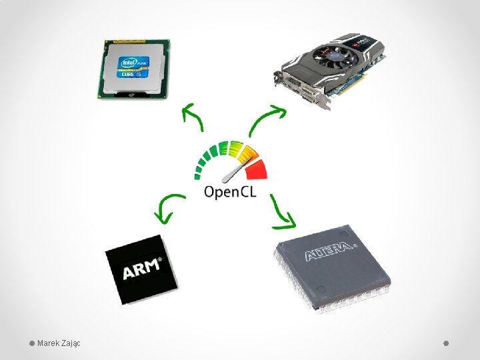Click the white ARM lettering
(x=142, y=270)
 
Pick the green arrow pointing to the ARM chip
(x=167, y=207)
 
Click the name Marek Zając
(x=59, y=343)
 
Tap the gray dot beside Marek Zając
(x=31, y=343)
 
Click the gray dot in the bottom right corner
(x=447, y=343)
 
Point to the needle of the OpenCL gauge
(x=234, y=170)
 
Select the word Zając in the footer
(x=71, y=343)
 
